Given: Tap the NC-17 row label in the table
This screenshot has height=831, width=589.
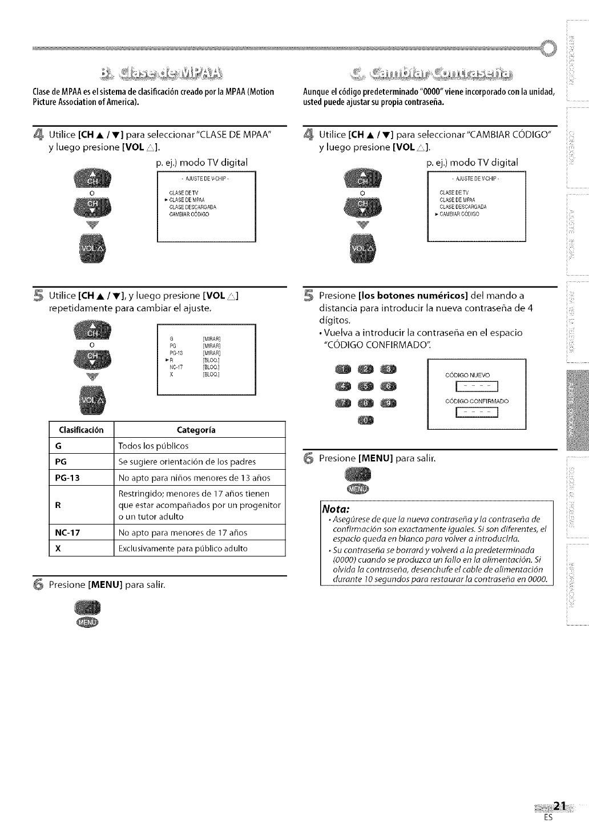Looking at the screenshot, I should tap(68, 533).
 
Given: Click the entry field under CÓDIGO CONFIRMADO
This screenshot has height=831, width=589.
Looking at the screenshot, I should tap(475, 414).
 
